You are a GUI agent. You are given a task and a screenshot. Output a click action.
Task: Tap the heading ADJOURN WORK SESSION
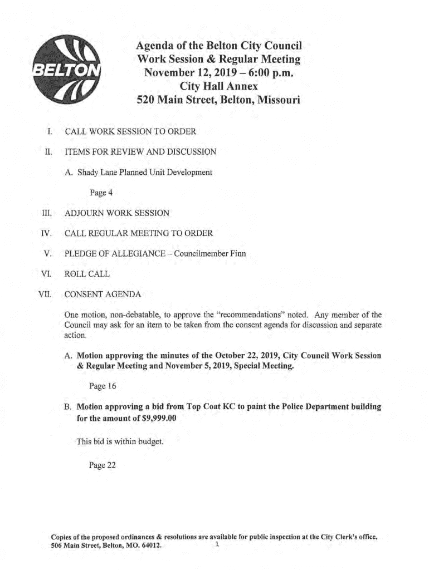[117, 213]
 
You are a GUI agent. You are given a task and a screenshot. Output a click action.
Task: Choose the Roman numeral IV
[47, 233]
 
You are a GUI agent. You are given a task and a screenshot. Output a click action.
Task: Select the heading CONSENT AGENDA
[103, 294]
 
